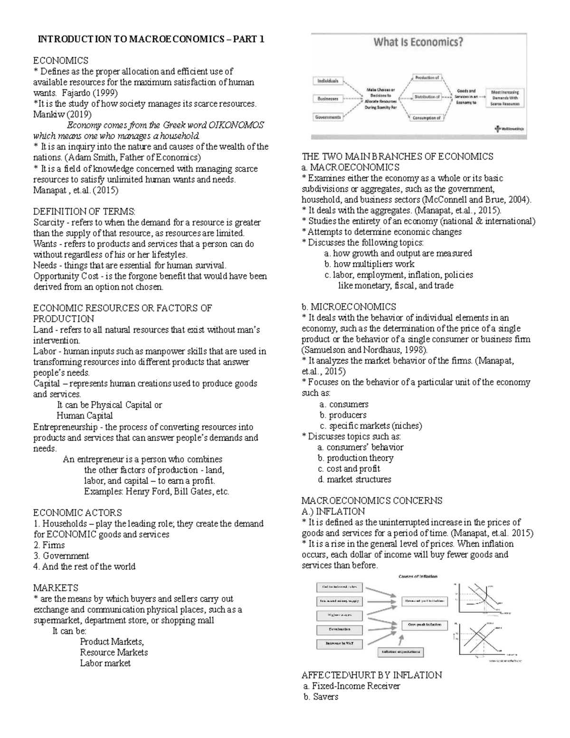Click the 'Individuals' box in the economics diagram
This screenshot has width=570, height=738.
pyautogui.click(x=328, y=81)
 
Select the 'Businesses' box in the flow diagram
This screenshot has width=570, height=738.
pyautogui.click(x=328, y=99)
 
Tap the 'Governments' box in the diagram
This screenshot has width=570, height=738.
pyautogui.click(x=328, y=117)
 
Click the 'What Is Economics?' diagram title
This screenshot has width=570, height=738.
pyautogui.click(x=418, y=42)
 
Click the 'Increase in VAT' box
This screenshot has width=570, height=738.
pyautogui.click(x=339, y=644)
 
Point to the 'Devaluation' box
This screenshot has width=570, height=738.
pyautogui.click(x=339, y=629)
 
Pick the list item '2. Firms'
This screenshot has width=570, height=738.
pyautogui.click(x=49, y=545)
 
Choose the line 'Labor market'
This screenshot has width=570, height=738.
pyautogui.click(x=105, y=663)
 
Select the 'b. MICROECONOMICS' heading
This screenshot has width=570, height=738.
pyautogui.click(x=349, y=307)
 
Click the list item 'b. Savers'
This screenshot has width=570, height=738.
pyautogui.click(x=321, y=697)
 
